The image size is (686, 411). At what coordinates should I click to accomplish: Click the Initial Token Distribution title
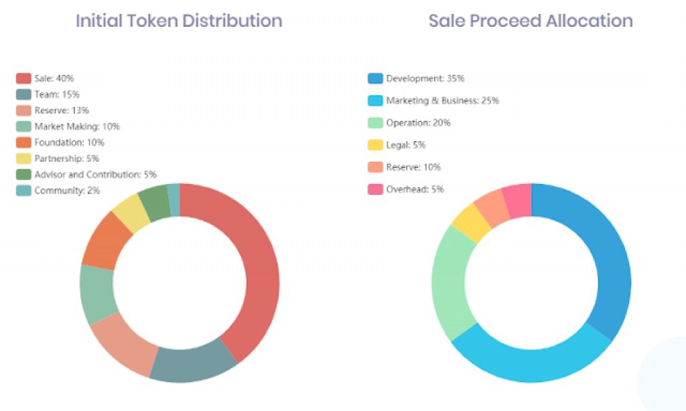click(x=179, y=21)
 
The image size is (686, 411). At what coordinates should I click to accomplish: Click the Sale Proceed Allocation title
click(x=531, y=21)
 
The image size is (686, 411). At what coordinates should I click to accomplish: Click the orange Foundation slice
click(x=106, y=242)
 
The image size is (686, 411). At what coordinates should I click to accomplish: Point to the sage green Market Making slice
click(x=97, y=295)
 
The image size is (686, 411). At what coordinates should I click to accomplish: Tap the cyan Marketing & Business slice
click(x=529, y=361)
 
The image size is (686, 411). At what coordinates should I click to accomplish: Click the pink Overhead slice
click(x=517, y=200)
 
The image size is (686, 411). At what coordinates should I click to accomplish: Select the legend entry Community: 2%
click(x=57, y=190)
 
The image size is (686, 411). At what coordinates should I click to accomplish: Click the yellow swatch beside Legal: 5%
click(x=375, y=145)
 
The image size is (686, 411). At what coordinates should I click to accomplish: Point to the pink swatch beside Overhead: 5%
click(x=375, y=189)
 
